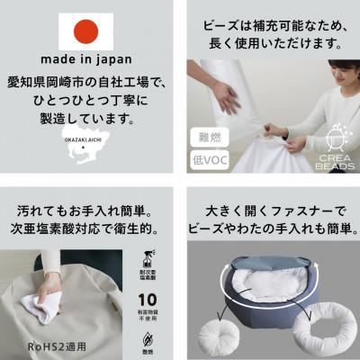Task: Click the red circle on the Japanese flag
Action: [x=85, y=31]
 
